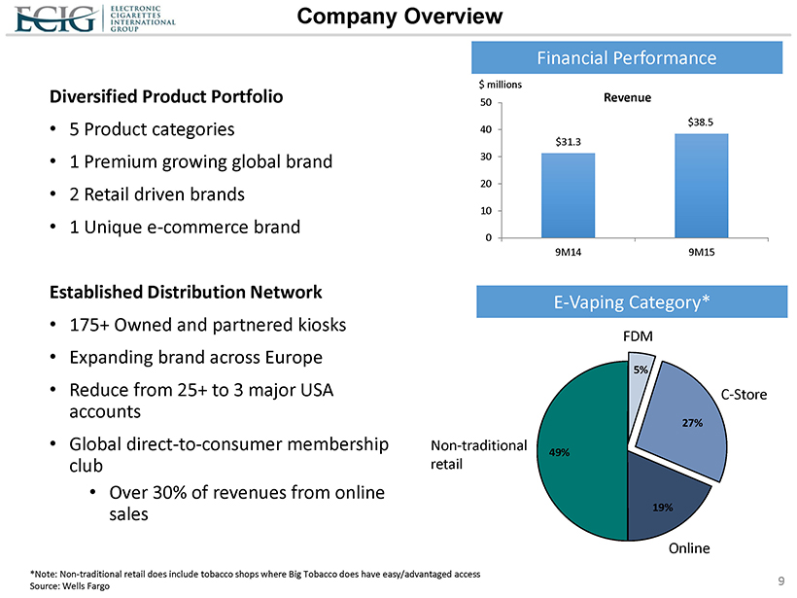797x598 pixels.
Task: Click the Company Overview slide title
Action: click(399, 17)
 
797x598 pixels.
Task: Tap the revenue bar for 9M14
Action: click(568, 194)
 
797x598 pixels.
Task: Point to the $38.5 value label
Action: click(701, 122)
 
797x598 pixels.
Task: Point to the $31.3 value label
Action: click(568, 141)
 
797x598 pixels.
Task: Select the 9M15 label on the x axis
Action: click(701, 251)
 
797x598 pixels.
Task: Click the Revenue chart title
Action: click(627, 98)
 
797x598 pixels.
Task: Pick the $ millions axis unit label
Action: click(499, 85)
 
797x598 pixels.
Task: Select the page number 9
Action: click(781, 581)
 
